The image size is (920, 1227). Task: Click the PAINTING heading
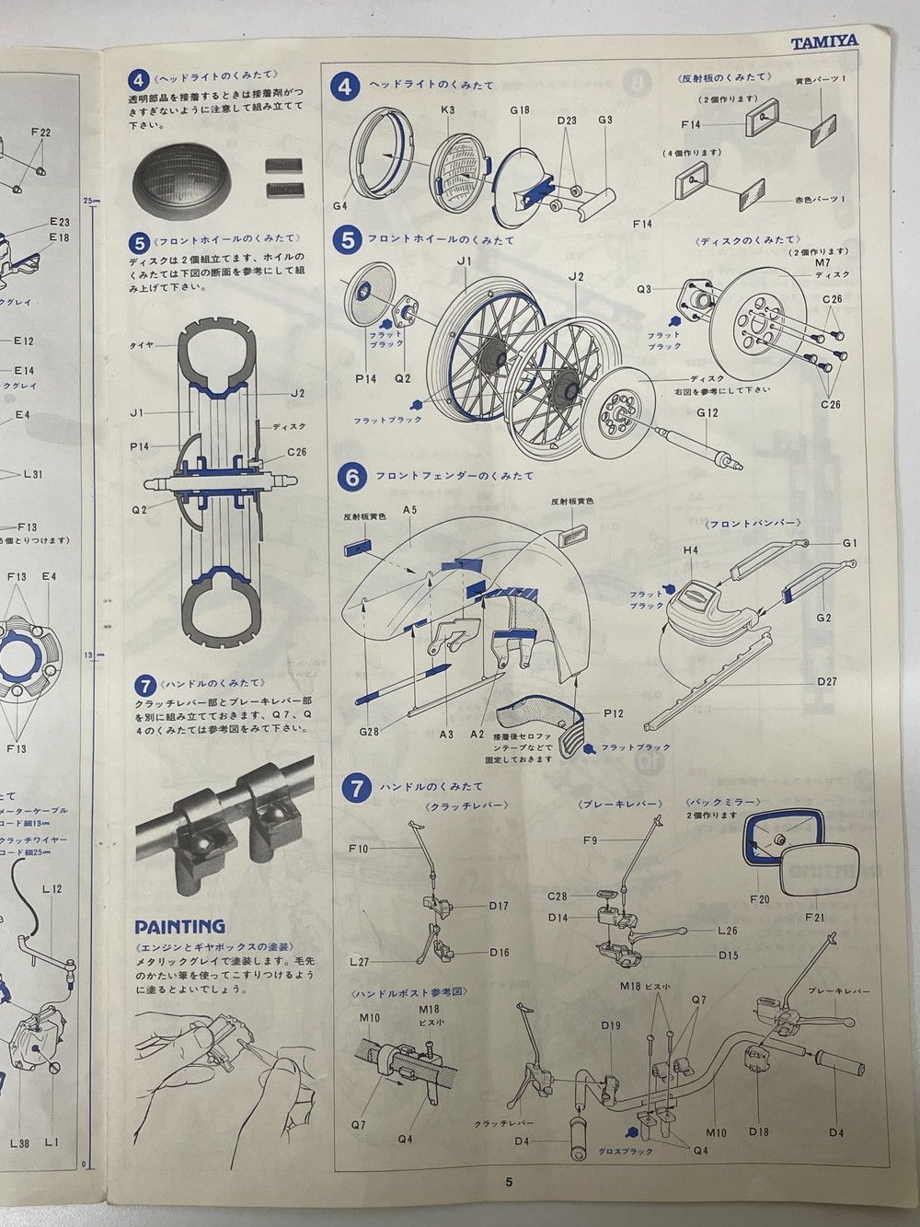click(x=178, y=926)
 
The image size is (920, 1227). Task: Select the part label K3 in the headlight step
click(x=448, y=110)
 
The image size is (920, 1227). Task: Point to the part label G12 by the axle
click(x=707, y=412)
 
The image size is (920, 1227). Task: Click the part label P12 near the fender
click(x=614, y=713)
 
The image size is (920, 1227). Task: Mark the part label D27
click(x=826, y=682)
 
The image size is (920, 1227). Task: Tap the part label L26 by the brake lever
click(x=728, y=931)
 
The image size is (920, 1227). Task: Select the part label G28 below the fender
click(x=369, y=732)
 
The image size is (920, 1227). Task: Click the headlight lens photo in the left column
click(x=189, y=180)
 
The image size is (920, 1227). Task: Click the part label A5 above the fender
click(x=410, y=509)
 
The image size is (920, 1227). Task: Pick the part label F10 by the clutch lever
click(x=359, y=849)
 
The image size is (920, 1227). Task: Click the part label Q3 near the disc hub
click(x=644, y=288)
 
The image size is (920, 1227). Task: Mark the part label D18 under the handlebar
click(x=758, y=1131)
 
